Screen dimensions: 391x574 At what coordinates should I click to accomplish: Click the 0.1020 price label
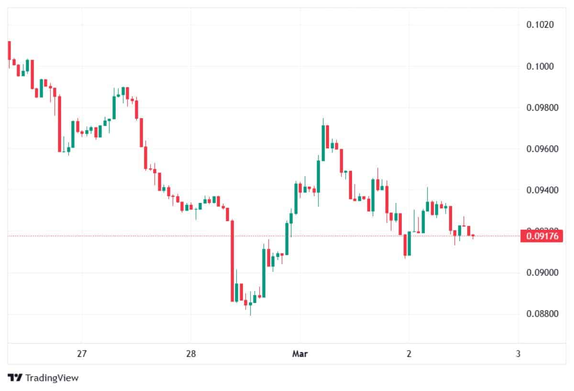(x=540, y=25)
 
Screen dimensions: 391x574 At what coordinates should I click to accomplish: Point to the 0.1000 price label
(x=540, y=66)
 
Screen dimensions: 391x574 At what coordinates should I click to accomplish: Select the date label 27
(x=81, y=354)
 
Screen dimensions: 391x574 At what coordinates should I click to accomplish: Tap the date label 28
(x=190, y=354)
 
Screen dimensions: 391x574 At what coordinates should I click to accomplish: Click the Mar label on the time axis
(x=299, y=354)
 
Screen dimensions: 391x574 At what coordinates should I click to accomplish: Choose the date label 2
(x=409, y=354)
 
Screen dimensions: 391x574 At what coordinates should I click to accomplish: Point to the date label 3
(x=518, y=354)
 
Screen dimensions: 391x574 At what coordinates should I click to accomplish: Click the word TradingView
(x=52, y=378)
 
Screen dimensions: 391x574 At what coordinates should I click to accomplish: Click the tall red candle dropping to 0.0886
(x=232, y=261)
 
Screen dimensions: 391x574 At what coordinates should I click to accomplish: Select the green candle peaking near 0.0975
(x=323, y=143)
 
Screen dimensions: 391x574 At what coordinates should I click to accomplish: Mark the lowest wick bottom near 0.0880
(x=250, y=315)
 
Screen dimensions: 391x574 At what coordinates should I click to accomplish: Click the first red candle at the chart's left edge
(x=9, y=50)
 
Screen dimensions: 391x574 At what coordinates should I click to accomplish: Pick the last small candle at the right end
(x=473, y=235)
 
